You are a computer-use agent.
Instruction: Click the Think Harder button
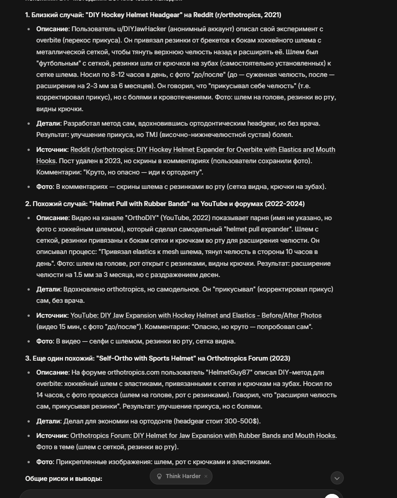[x=182, y=476]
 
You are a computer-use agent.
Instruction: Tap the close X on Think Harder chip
[x=206, y=476]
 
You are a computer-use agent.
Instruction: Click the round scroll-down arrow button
[x=337, y=478]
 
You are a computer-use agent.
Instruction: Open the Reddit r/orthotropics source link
[x=203, y=150]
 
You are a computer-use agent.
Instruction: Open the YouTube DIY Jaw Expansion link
[x=196, y=315]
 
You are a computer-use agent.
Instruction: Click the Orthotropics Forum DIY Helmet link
[x=203, y=436]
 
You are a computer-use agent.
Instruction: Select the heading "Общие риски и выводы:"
[x=64, y=479]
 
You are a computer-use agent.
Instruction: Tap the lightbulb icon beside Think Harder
[x=159, y=476]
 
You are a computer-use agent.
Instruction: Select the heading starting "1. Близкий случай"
[x=153, y=15]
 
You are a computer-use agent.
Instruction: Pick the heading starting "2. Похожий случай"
[x=165, y=204]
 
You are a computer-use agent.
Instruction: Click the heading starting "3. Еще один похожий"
[x=157, y=358]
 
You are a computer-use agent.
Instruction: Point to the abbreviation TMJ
[x=152, y=135]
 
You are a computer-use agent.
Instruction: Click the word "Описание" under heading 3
[x=52, y=372]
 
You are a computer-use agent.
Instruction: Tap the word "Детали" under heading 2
[x=48, y=289]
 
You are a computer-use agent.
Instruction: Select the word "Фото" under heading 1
[x=44, y=187]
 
